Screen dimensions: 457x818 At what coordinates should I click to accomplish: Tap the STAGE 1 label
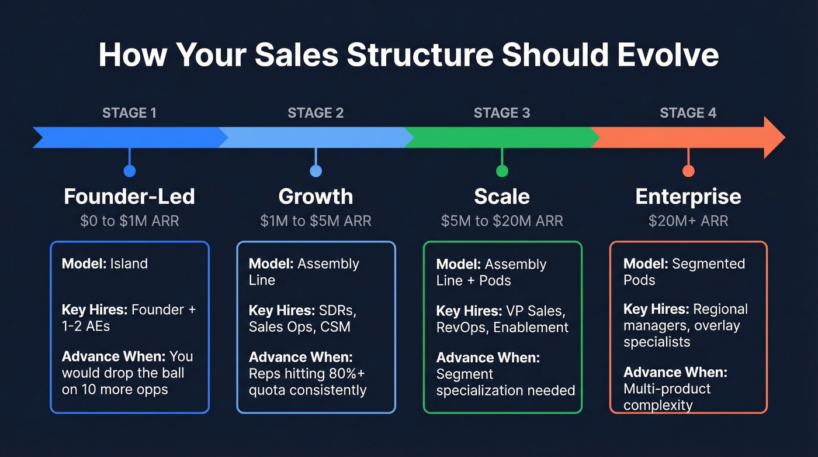pyautogui.click(x=129, y=113)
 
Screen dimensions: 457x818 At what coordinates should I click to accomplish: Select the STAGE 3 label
pyautogui.click(x=502, y=113)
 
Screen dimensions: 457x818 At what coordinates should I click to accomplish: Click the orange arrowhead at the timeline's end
pyautogui.click(x=774, y=138)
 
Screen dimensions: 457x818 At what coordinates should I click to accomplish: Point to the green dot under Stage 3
pyautogui.click(x=502, y=171)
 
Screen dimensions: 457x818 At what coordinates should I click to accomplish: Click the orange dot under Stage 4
pyautogui.click(x=688, y=171)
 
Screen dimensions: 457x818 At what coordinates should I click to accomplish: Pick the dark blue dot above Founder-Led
pyautogui.click(x=129, y=171)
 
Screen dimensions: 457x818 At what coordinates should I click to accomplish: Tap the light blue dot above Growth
pyautogui.click(x=316, y=171)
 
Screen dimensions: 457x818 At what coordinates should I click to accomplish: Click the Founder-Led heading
pyautogui.click(x=129, y=197)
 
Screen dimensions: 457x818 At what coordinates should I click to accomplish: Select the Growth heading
pyautogui.click(x=316, y=197)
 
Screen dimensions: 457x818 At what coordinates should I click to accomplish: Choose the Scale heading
pyautogui.click(x=502, y=197)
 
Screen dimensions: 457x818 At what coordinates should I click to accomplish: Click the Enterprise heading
pyautogui.click(x=688, y=197)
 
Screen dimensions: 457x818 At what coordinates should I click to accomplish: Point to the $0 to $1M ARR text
pyautogui.click(x=129, y=221)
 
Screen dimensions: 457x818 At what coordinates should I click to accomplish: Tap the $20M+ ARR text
pyautogui.click(x=688, y=221)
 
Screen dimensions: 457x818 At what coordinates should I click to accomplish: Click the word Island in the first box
pyautogui.click(x=129, y=263)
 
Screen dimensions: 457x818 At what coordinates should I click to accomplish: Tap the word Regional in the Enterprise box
pyautogui.click(x=720, y=309)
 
